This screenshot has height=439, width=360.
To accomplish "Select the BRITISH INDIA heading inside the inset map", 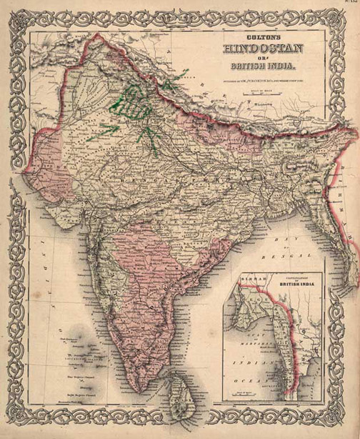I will (294, 285).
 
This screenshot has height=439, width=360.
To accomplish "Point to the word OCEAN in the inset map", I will (246, 383).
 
